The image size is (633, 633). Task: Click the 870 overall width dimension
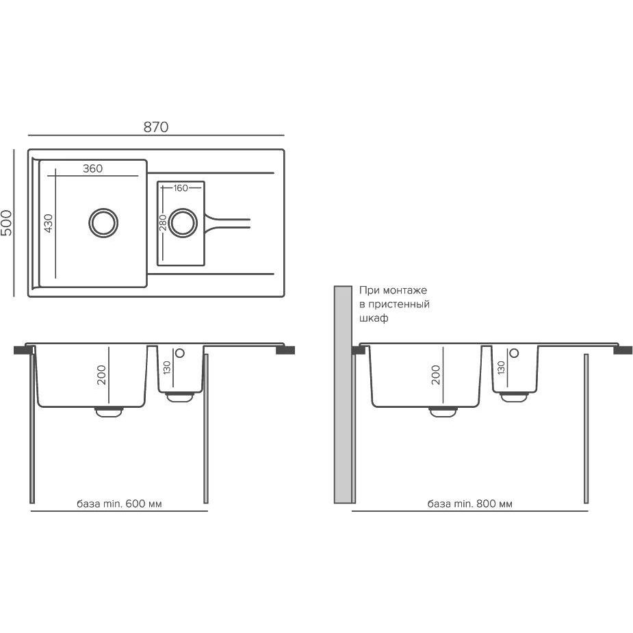tap(156, 127)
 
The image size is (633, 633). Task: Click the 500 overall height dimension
tap(7, 223)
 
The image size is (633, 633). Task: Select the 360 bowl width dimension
tap(93, 168)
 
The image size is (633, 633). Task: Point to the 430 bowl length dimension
tap(48, 223)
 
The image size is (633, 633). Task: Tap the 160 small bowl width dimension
tap(181, 188)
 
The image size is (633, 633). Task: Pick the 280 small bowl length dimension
tap(163, 223)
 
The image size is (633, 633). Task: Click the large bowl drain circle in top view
tap(103, 223)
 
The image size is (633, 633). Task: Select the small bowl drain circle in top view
tap(183, 223)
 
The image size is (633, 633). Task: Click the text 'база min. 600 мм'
tap(119, 504)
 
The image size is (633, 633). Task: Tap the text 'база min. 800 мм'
tap(470, 504)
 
